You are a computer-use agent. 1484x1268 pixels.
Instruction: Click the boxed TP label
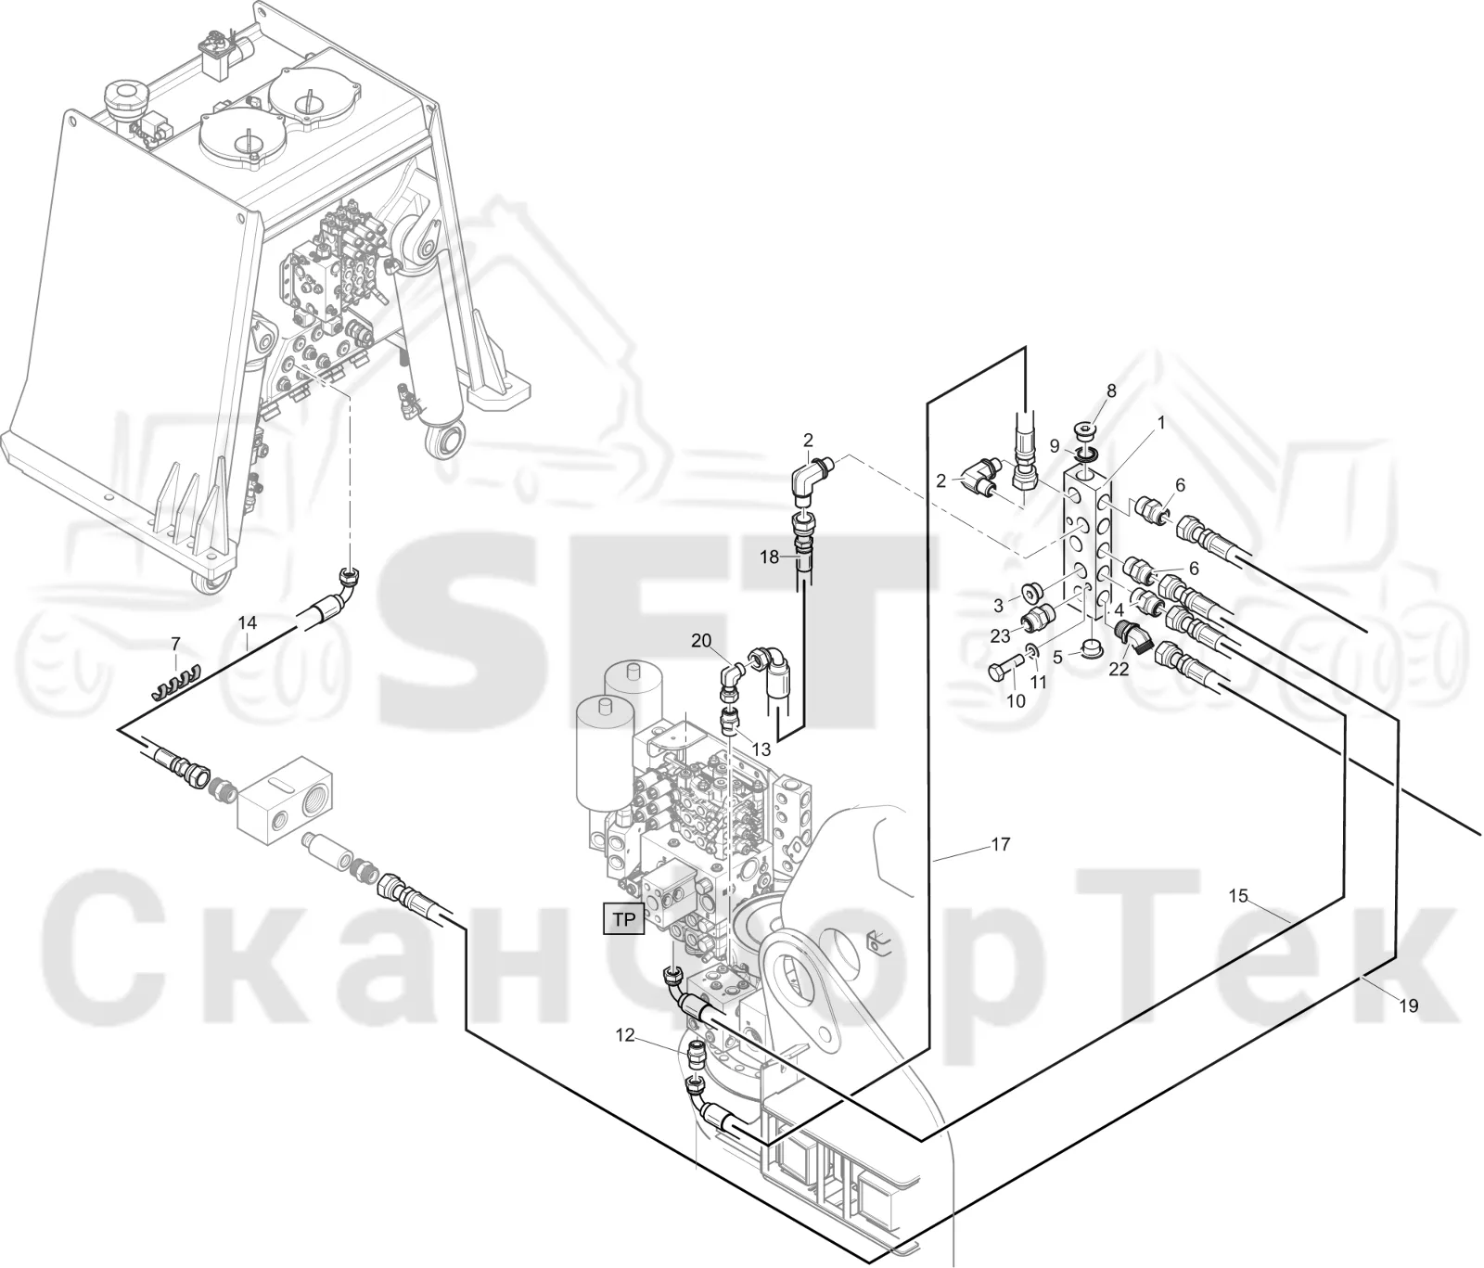click(x=623, y=919)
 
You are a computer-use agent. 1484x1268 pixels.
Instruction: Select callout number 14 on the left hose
click(x=247, y=621)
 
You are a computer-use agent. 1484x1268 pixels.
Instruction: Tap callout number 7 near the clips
click(x=174, y=643)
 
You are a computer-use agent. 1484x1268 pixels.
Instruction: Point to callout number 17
click(x=1000, y=844)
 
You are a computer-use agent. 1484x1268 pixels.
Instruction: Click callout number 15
click(x=1239, y=896)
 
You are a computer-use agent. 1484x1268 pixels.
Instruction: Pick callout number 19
click(x=1408, y=1005)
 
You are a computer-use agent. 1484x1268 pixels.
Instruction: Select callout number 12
click(x=626, y=1035)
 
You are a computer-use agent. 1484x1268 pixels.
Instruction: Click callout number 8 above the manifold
click(x=1111, y=391)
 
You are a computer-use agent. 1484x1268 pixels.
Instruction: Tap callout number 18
click(x=770, y=557)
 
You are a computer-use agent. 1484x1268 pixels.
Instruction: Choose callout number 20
click(x=701, y=640)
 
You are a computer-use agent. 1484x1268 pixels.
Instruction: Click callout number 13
click(x=761, y=749)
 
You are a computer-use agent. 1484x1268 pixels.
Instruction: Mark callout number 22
click(x=1119, y=669)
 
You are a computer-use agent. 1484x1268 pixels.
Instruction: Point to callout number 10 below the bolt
click(x=1017, y=701)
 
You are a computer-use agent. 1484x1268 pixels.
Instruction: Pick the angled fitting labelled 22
click(x=1133, y=636)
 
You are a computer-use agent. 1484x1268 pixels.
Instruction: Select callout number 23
click(x=1000, y=636)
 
